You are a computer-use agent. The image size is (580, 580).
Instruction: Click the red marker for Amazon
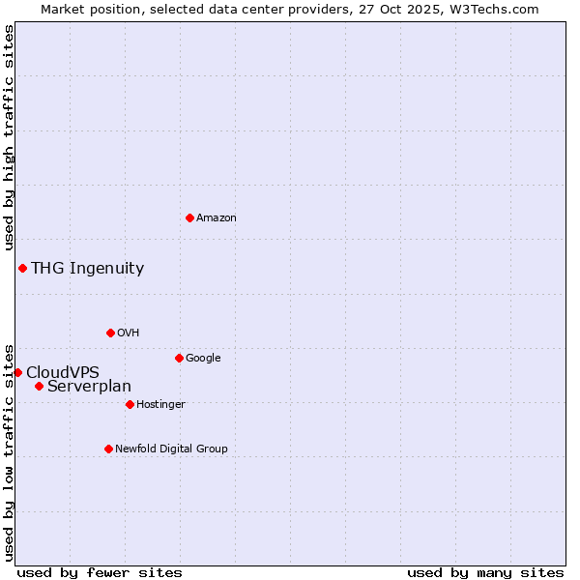point(189,217)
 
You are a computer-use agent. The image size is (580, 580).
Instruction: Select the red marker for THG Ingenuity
point(22,268)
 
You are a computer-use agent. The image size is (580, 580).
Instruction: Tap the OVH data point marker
point(110,333)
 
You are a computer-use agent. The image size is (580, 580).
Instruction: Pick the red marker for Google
point(179,358)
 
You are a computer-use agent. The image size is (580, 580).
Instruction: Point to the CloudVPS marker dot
point(17,372)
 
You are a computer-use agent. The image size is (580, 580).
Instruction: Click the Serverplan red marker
point(39,386)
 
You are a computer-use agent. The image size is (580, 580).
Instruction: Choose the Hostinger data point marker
point(130,404)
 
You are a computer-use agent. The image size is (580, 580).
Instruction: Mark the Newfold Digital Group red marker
point(108,449)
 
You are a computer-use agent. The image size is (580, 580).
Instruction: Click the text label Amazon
point(217,218)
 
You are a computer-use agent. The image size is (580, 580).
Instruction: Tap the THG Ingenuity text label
point(87,269)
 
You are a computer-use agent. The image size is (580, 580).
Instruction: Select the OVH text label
point(129,333)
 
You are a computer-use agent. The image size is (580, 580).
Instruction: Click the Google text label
point(203,359)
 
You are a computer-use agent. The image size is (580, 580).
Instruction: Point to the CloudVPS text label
point(62,373)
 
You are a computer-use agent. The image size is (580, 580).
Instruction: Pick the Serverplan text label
point(89,387)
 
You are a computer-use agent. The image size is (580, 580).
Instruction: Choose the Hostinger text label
point(160,405)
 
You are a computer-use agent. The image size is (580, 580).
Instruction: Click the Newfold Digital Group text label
point(171,449)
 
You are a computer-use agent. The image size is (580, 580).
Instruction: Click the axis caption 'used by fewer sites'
point(100,572)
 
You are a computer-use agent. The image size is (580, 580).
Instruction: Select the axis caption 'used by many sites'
point(485,572)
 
